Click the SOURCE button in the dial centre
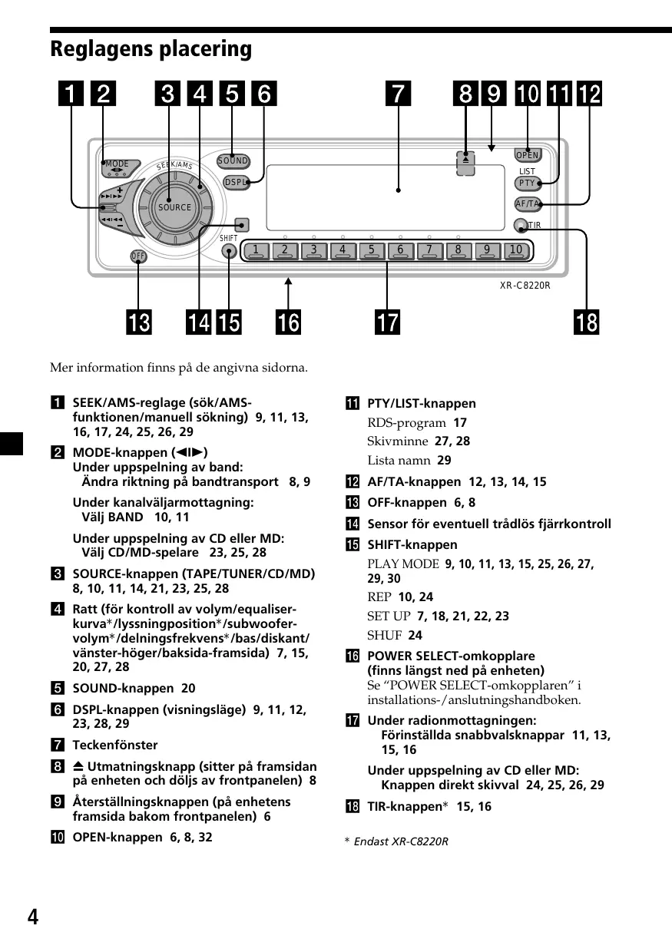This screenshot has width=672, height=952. [x=174, y=207]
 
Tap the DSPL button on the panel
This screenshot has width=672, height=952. [x=235, y=182]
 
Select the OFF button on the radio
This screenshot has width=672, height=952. [x=138, y=256]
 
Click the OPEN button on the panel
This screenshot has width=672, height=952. [x=528, y=155]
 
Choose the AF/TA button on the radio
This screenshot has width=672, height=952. [x=527, y=203]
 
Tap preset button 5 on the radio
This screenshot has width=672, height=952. [x=371, y=250]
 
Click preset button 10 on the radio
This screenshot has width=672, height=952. [x=515, y=250]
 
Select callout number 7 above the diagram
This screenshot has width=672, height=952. [x=398, y=94]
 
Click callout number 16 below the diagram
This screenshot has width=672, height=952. [x=289, y=322]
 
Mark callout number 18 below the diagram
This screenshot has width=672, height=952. [x=586, y=322]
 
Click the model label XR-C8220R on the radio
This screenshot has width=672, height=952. [x=525, y=286]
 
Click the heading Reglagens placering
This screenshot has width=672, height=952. [x=151, y=50]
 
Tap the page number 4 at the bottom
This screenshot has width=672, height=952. [x=32, y=917]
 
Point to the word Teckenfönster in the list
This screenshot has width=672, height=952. [x=115, y=745]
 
